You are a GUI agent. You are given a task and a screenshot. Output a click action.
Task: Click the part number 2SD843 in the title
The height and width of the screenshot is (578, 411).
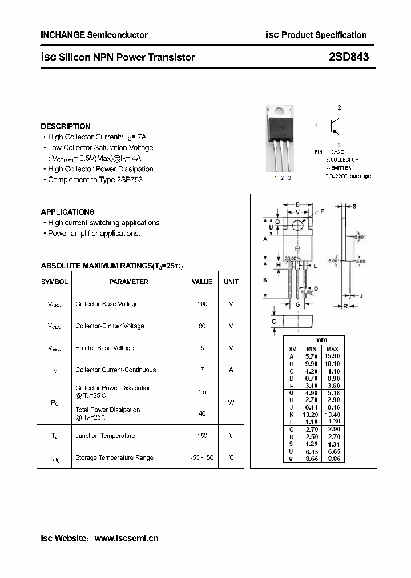click(349, 57)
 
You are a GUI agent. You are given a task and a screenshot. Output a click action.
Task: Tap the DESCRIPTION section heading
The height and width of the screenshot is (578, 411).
click(65, 126)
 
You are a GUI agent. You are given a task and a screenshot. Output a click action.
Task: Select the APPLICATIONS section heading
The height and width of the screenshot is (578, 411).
click(67, 212)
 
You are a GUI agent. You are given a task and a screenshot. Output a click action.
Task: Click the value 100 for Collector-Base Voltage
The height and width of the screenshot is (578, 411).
click(202, 304)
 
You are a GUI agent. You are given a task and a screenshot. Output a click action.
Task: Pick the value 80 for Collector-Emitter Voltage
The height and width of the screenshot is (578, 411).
click(202, 326)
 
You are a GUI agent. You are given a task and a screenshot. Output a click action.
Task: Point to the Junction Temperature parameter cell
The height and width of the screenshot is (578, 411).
click(105, 436)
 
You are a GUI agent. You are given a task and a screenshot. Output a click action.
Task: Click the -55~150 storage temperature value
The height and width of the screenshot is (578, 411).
click(202, 457)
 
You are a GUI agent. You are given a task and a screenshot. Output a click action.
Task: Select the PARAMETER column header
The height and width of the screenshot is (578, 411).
click(128, 282)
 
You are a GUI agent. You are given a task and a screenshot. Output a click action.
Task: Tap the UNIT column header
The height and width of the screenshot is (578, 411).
click(231, 282)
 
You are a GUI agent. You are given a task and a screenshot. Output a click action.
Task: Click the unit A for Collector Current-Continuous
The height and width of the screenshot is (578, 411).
click(231, 370)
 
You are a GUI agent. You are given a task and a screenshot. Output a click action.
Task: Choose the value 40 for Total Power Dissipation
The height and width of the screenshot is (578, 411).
click(202, 414)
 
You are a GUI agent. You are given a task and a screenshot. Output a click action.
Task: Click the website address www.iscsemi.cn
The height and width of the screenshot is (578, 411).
click(126, 538)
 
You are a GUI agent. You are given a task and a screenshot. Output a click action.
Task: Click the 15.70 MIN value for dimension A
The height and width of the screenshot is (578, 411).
click(311, 356)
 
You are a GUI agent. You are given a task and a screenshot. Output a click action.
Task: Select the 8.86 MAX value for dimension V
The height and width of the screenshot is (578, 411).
click(333, 459)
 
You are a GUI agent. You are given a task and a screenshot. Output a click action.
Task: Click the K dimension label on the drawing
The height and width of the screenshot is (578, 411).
click(265, 280)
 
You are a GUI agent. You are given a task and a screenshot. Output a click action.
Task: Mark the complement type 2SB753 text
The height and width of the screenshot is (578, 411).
click(130, 180)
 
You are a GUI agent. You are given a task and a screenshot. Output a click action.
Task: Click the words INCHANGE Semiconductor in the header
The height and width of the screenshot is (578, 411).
click(94, 35)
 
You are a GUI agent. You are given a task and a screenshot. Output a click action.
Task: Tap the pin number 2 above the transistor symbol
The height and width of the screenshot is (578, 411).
click(339, 107)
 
